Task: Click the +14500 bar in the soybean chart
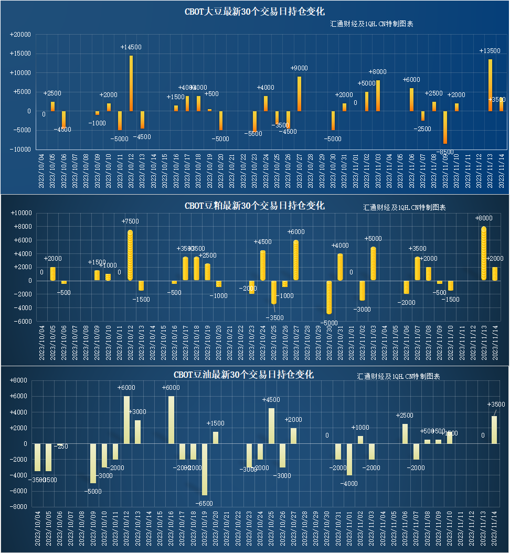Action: click(x=131, y=83)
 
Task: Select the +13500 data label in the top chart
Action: click(x=490, y=51)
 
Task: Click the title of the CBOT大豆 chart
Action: click(x=254, y=12)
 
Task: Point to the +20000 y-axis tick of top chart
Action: click(x=20, y=35)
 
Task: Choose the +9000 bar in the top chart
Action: click(x=299, y=93)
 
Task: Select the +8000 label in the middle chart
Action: click(x=483, y=218)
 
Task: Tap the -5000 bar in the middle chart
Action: click(x=329, y=297)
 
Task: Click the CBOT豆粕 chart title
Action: click(x=254, y=206)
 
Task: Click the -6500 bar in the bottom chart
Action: click(x=205, y=469)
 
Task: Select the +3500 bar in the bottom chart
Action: click(x=494, y=430)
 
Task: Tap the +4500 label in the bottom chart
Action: click(x=271, y=400)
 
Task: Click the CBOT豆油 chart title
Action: click(x=243, y=375)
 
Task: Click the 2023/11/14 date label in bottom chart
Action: click(x=494, y=529)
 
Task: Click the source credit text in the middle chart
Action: click(x=405, y=208)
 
